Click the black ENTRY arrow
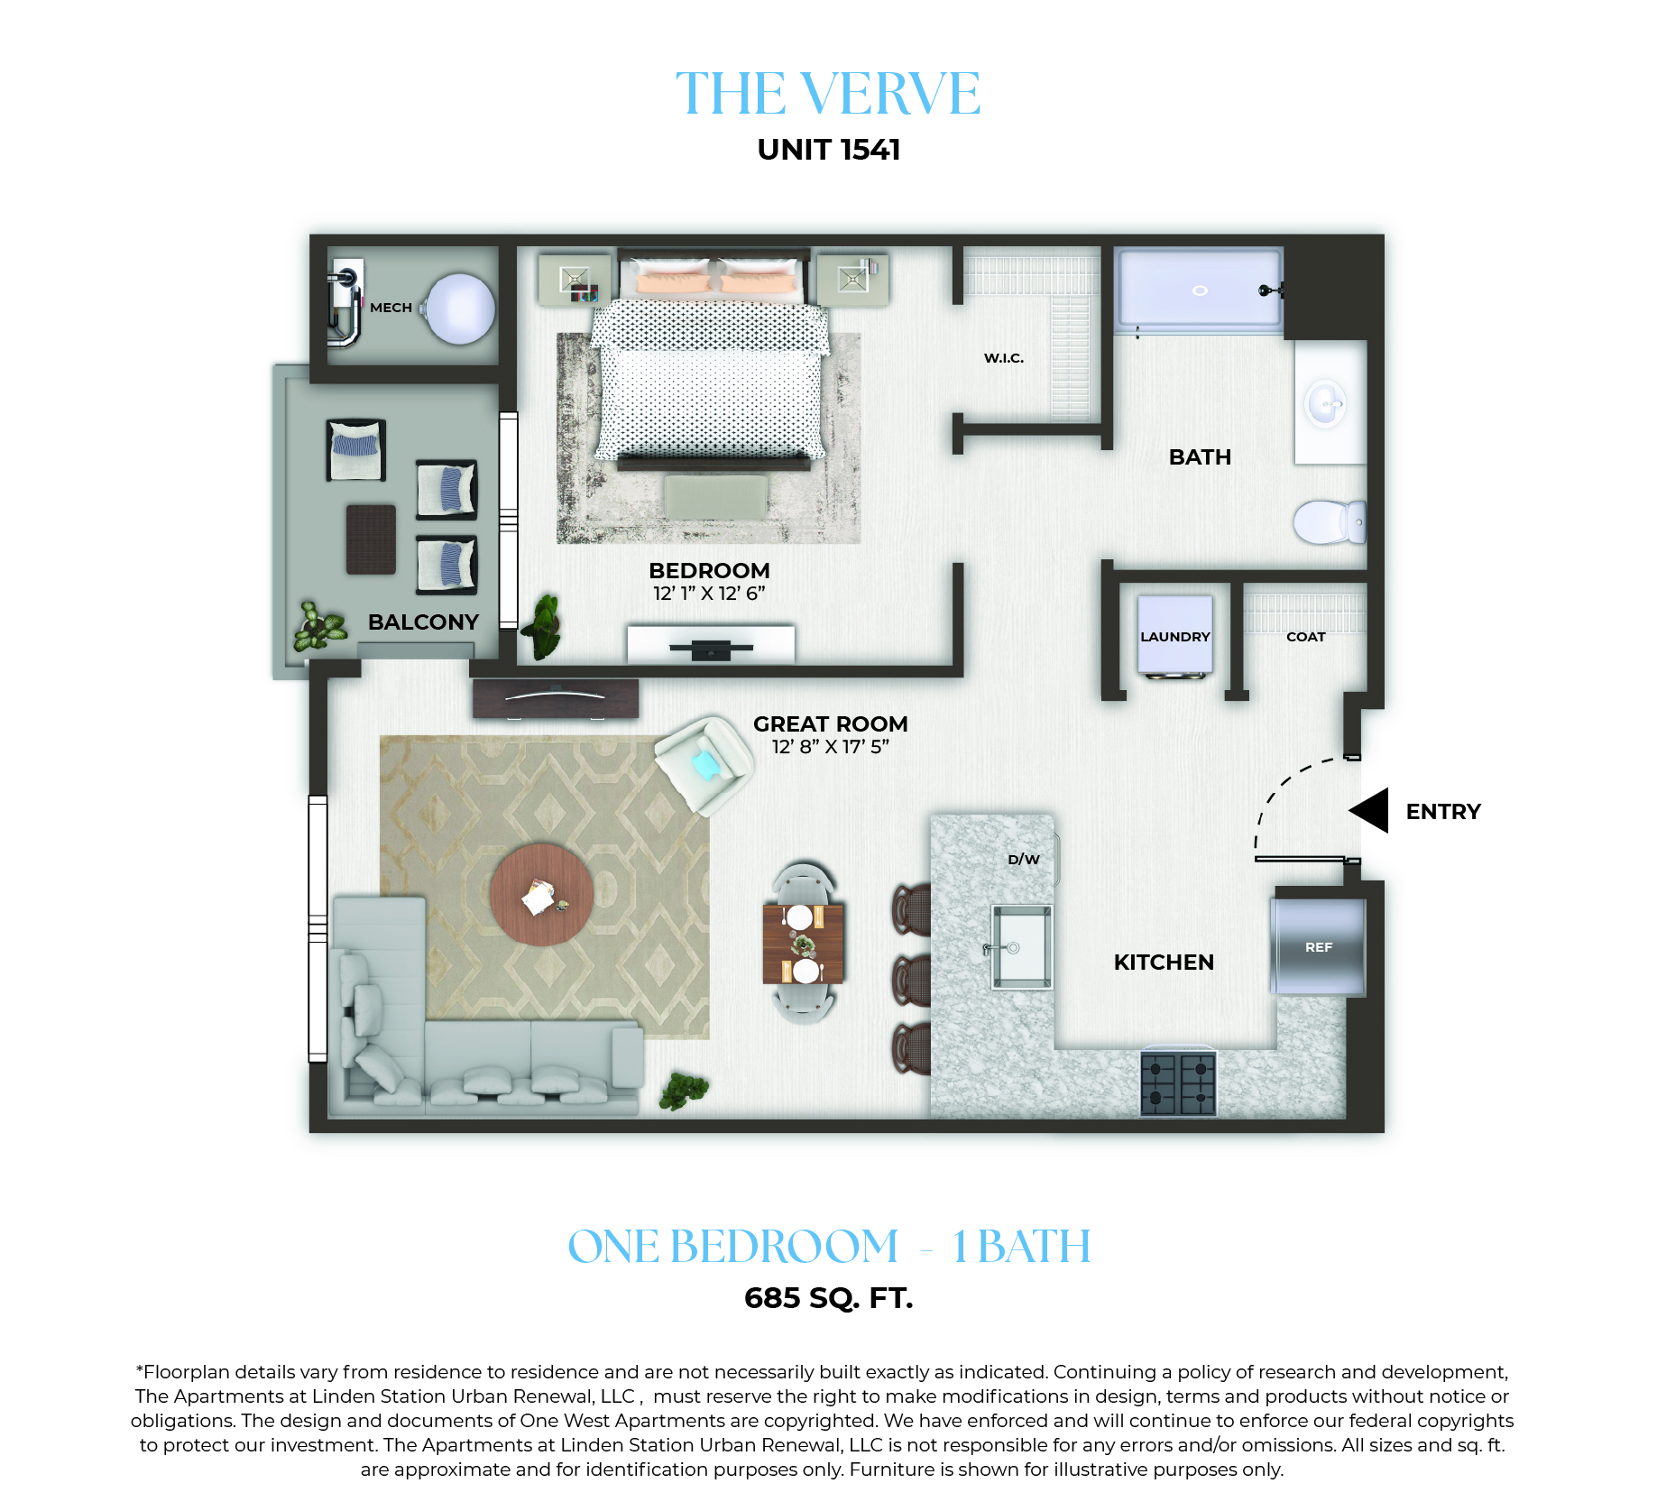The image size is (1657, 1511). (1370, 810)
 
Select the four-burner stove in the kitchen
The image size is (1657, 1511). (1178, 1083)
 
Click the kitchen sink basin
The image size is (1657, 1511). (1022, 947)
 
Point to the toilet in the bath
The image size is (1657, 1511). (1330, 521)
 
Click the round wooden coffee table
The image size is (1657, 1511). (542, 895)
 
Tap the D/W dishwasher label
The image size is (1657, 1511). (1024, 860)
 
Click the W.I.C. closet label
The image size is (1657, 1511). (1004, 358)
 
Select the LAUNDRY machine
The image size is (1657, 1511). (1174, 635)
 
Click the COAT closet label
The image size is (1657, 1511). (1305, 637)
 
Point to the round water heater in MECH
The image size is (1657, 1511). (460, 309)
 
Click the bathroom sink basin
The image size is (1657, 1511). (1325, 403)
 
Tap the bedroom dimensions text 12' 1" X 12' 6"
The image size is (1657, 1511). (709, 594)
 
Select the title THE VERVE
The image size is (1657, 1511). (828, 94)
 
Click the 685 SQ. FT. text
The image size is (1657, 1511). (829, 1298)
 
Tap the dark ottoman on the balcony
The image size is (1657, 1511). (371, 539)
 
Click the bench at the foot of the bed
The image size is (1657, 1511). (716, 496)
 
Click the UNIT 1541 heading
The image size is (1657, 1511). (829, 150)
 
